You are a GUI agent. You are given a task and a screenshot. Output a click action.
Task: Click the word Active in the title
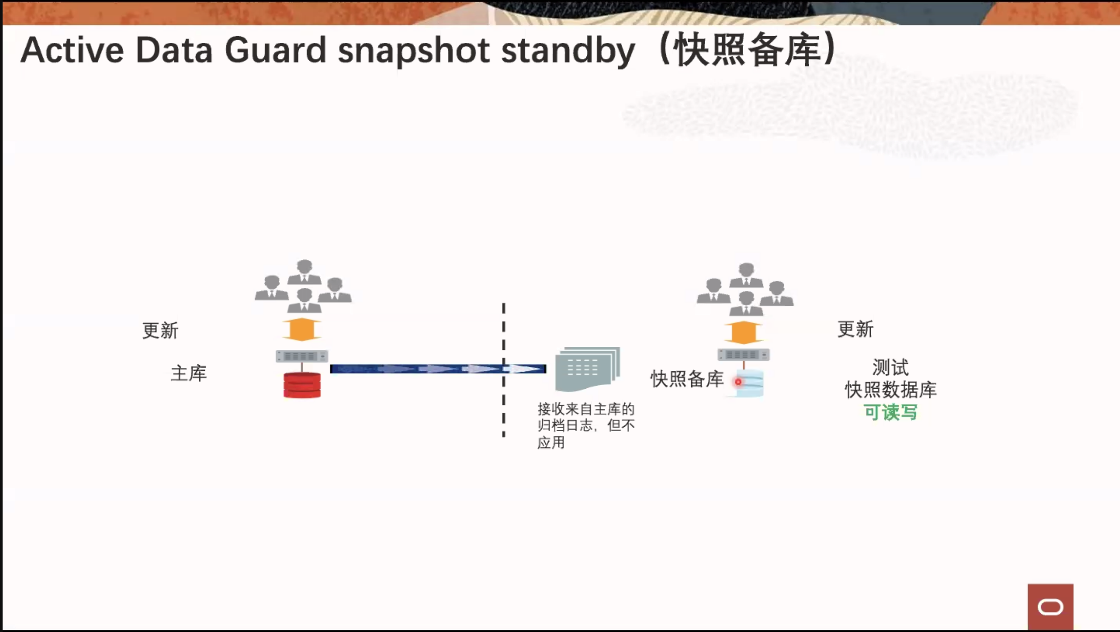tap(72, 50)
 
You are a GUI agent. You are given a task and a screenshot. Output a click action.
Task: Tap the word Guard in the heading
tap(276, 50)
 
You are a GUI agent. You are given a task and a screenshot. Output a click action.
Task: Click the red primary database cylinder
tap(302, 385)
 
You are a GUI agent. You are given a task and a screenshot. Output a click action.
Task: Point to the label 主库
tap(189, 373)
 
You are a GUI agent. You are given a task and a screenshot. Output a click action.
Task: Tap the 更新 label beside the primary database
tap(160, 330)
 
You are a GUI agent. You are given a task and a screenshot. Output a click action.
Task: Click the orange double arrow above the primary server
tap(302, 329)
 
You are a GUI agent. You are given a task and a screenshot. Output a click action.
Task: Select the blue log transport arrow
tap(438, 369)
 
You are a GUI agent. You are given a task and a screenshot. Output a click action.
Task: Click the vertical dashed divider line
tap(504, 370)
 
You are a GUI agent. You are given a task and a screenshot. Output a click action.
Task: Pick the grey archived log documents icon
tap(588, 369)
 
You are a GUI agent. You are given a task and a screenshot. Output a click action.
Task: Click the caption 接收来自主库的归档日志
tap(586, 417)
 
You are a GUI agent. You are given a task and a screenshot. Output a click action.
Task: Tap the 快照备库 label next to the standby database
tap(687, 379)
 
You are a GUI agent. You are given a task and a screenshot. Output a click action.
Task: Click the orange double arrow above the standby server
tap(744, 333)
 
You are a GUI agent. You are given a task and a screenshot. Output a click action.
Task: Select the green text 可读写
tap(891, 412)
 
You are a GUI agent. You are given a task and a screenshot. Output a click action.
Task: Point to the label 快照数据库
tap(891, 390)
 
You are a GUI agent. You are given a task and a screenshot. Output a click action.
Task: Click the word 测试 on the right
tap(890, 368)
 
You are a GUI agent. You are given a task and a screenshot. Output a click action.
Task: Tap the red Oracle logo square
tap(1050, 607)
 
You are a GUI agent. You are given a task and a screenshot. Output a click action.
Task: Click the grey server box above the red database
tap(302, 356)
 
